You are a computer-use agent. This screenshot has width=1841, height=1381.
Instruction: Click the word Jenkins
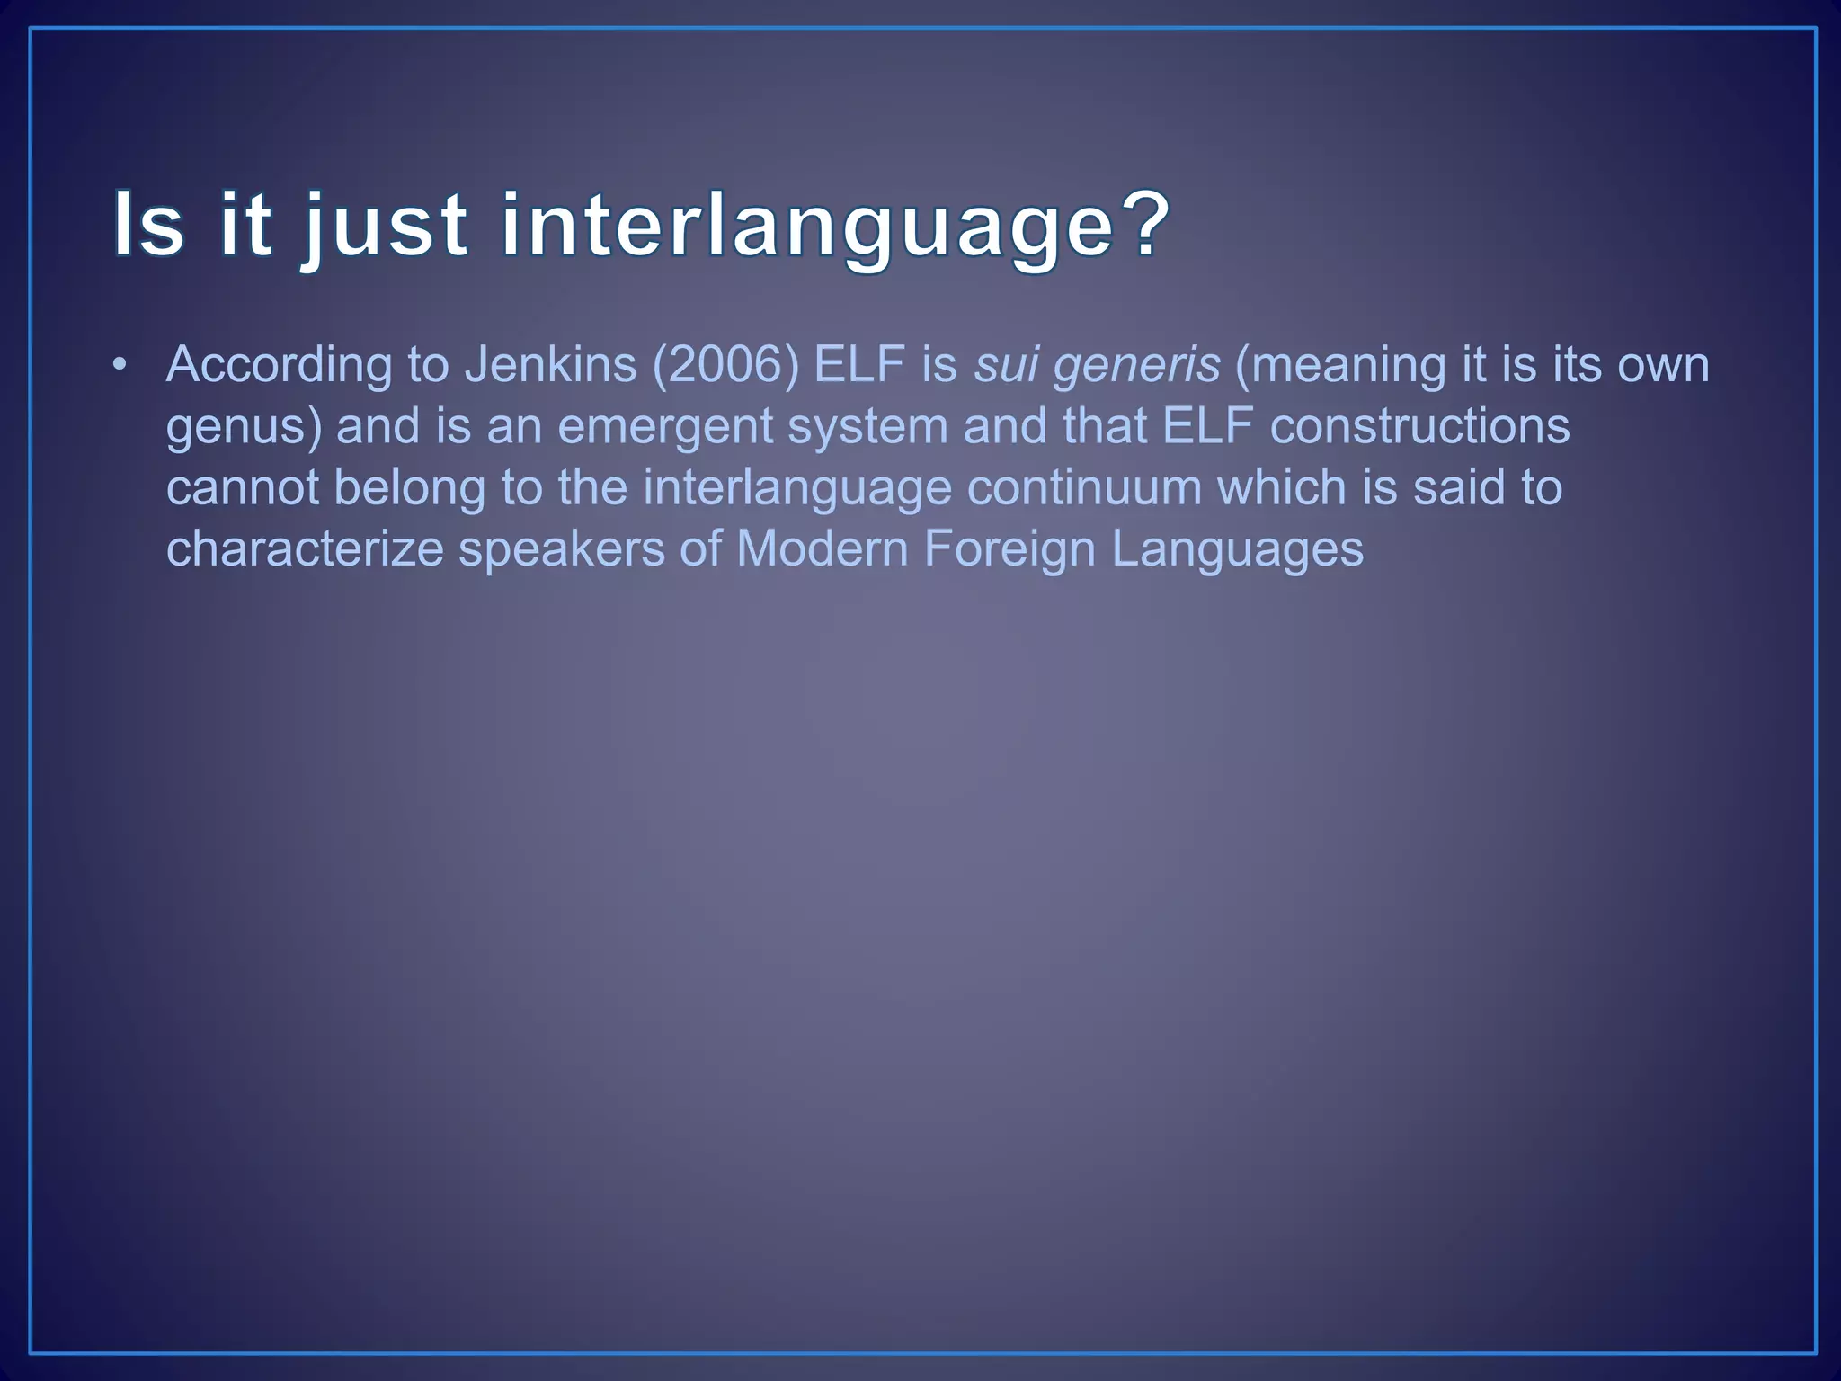tap(550, 365)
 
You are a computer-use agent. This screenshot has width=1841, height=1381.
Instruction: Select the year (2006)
tap(725, 365)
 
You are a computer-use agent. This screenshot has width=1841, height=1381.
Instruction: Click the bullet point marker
tap(119, 366)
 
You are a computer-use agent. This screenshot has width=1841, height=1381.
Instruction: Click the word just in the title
tap(385, 226)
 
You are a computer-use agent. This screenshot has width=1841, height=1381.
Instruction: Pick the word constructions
tap(1419, 426)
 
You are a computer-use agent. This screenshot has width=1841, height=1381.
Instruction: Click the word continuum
tap(1084, 487)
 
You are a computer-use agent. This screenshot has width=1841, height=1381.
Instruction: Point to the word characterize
tap(305, 548)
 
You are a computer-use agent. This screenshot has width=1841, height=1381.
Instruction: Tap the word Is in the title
tap(148, 224)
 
